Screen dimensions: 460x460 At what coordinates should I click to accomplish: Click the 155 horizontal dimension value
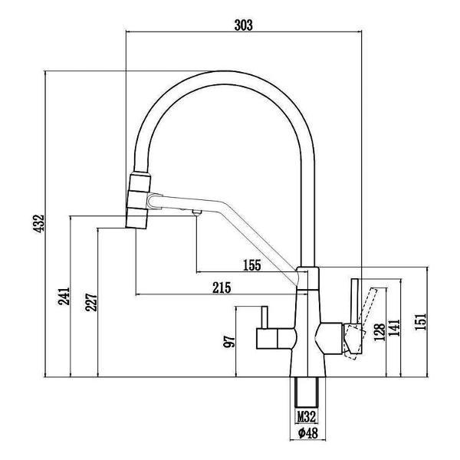pos(251,265)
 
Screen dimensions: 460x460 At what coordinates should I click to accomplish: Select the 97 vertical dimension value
pos(228,341)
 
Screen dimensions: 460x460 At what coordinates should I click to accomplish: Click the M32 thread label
pos(307,418)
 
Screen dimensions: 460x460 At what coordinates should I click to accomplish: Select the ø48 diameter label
pos(307,433)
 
